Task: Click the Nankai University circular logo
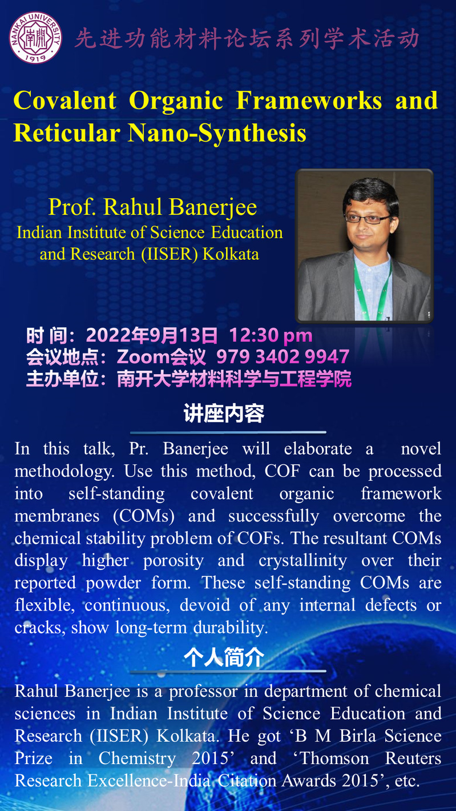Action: [x=35, y=37]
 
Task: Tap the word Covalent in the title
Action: [x=65, y=101]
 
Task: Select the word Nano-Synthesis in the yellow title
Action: [x=217, y=133]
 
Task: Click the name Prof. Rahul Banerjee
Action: [x=153, y=207]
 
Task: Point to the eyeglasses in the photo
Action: [x=367, y=218]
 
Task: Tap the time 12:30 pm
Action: [x=271, y=335]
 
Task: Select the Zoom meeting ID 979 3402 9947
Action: [x=283, y=356]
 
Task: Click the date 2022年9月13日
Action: [x=152, y=335]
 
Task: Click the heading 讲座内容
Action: [x=224, y=413]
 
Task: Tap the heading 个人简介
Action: [x=224, y=657]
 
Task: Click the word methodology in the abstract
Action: [x=64, y=472]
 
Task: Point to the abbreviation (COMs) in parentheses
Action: [x=144, y=516]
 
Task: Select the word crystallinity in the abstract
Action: [x=302, y=561]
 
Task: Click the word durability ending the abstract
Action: [x=231, y=628]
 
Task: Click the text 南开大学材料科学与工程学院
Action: [x=234, y=379]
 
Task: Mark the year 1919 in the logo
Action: [x=35, y=57]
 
